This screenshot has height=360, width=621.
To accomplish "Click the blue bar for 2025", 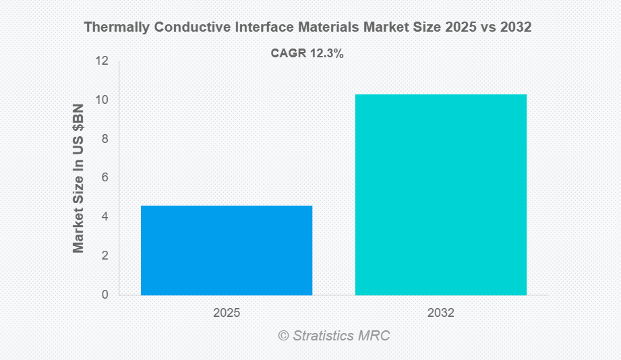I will click(x=227, y=250).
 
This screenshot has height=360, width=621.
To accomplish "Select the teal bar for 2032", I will click(x=441, y=194).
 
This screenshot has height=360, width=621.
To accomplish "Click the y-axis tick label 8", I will click(x=105, y=139).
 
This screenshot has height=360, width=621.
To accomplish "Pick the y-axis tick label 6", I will click(x=105, y=177).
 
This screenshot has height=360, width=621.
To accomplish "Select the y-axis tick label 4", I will click(x=105, y=216).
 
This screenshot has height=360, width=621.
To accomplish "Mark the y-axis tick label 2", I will click(x=105, y=256).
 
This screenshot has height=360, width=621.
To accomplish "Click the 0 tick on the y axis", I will click(x=105, y=295).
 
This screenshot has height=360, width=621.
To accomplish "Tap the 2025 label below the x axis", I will click(x=227, y=313).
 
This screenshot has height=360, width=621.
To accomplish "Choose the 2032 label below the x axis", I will click(x=441, y=313).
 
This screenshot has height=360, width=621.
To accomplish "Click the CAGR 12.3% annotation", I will click(x=307, y=54).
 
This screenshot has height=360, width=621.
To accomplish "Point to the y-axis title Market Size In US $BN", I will click(x=79, y=178).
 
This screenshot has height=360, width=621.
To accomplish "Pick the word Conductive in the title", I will click(x=185, y=28).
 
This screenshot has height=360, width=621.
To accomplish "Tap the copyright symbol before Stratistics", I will click(x=283, y=335).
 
